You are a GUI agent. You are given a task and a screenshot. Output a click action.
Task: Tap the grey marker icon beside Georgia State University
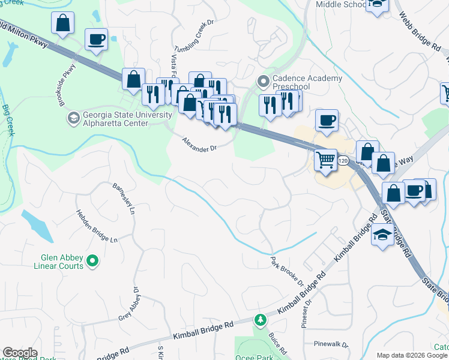tap(73, 116)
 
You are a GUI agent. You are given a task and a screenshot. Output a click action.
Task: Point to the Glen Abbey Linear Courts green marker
tap(92, 260)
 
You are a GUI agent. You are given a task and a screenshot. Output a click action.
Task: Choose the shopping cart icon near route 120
tap(325, 160)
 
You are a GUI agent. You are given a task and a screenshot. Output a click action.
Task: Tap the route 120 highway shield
tap(343, 161)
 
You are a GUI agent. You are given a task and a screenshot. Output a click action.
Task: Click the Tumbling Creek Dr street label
tap(194, 38)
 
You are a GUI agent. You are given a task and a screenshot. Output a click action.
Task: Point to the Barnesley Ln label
tap(124, 199)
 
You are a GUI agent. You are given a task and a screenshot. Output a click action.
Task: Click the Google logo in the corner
tap(20, 353)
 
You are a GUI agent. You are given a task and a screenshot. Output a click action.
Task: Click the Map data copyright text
tap(411, 355)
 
